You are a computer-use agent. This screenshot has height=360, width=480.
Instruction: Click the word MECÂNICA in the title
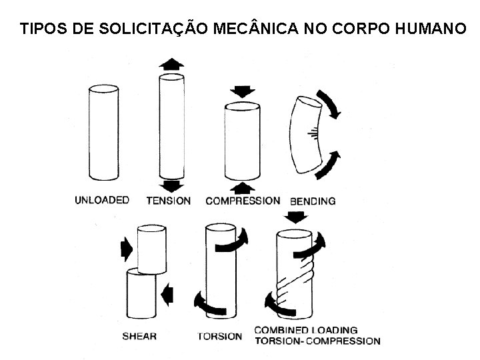255,27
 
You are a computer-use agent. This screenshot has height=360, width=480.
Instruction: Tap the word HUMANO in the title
431,28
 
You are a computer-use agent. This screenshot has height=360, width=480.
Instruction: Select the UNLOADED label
102,200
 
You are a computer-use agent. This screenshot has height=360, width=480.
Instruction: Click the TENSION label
169,201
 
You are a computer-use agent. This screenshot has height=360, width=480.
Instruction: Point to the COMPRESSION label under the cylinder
243,201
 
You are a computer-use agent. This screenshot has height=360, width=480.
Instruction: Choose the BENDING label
313,201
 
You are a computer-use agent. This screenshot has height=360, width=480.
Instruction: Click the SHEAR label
139,336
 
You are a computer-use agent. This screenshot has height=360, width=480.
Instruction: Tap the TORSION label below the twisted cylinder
219,337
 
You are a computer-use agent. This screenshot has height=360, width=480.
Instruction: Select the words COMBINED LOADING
306,330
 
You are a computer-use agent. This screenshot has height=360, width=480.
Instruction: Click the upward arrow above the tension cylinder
171,64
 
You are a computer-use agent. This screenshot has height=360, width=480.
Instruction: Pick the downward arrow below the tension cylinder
171,186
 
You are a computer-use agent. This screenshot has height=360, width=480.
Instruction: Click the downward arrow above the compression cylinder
243,91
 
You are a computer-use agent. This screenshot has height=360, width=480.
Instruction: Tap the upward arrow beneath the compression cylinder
243,188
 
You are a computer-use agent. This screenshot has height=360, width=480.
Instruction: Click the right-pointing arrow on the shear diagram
127,249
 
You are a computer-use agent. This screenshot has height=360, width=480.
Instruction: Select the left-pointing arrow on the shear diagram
167,295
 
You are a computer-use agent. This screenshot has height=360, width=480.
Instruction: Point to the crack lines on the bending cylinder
313,133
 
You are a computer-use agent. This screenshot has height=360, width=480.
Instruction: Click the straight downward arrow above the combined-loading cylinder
296,217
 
